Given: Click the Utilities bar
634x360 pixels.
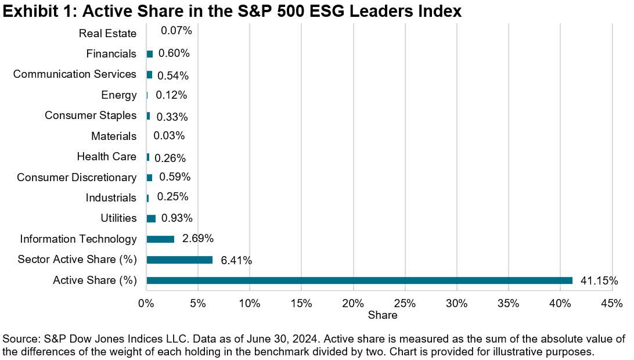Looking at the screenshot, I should coord(151,218).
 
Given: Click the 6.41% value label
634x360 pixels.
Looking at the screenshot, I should coord(236,261).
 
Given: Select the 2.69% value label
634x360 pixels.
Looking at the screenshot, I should coord(197,239).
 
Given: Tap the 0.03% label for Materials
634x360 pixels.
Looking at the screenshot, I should coord(169,136).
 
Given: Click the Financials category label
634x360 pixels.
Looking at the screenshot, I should coord(111,54).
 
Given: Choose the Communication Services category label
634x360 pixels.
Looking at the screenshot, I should coord(74,74).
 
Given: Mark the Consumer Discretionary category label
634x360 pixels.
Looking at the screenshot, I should coord(76,177).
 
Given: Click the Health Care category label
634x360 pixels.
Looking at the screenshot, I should coord(106,157).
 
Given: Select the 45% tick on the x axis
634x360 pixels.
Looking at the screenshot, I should coord(612,304).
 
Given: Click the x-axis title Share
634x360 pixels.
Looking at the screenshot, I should coord(383,315).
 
